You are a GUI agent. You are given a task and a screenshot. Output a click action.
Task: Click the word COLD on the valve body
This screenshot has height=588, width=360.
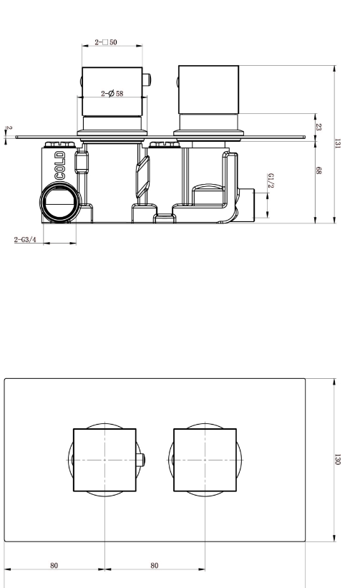click(x=60, y=164)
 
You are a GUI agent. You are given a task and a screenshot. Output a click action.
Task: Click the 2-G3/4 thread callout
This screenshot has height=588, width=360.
click(x=26, y=240)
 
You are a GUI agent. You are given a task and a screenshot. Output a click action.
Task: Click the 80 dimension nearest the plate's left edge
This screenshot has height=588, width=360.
click(x=54, y=565)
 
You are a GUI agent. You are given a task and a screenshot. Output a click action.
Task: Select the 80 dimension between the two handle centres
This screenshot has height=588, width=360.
click(x=155, y=565)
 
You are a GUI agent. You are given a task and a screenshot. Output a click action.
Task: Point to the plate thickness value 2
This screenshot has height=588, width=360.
click(x=9, y=128)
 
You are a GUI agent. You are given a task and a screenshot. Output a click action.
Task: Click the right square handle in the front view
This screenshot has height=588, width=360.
click(x=205, y=460)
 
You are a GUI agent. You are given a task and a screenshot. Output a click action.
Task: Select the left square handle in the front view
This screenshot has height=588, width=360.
click(x=105, y=460)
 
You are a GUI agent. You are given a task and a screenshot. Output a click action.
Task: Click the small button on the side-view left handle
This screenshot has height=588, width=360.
click(x=147, y=79)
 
